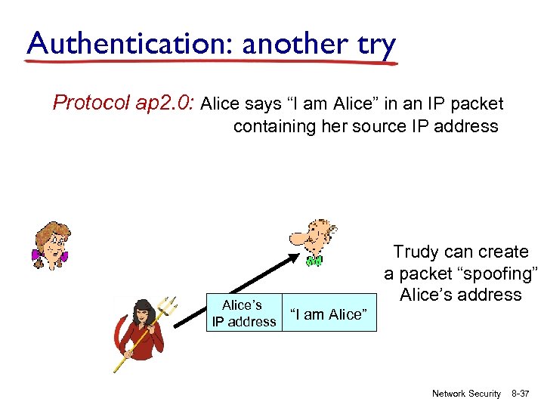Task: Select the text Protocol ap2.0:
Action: (124, 103)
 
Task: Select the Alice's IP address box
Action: (244, 314)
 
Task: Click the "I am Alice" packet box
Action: (329, 314)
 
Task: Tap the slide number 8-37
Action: (521, 394)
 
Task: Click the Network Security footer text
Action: (466, 394)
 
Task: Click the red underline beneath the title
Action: (212, 63)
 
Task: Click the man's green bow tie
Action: (314, 261)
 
